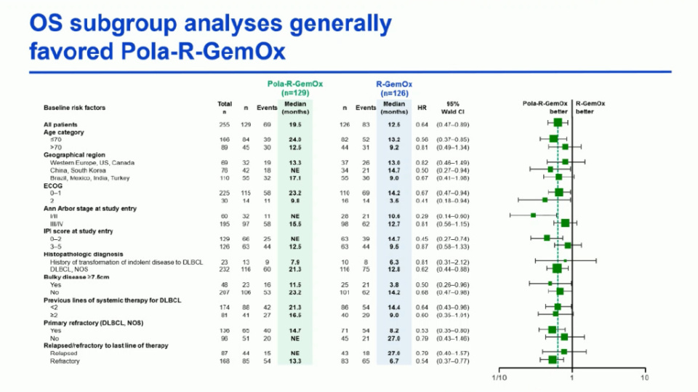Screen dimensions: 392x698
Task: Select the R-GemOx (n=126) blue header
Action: point(393,88)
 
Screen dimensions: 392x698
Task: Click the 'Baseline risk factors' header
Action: point(74,108)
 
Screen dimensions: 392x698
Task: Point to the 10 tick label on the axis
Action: point(643,378)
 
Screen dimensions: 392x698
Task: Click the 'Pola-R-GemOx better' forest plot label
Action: point(546,108)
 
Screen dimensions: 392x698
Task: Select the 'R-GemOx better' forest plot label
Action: point(590,108)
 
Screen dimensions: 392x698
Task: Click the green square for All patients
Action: point(558,124)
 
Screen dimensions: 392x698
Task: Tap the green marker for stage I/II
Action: point(533,215)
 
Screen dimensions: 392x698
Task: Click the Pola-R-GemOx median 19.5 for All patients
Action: point(294,124)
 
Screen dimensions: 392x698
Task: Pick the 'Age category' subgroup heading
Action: point(64,132)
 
